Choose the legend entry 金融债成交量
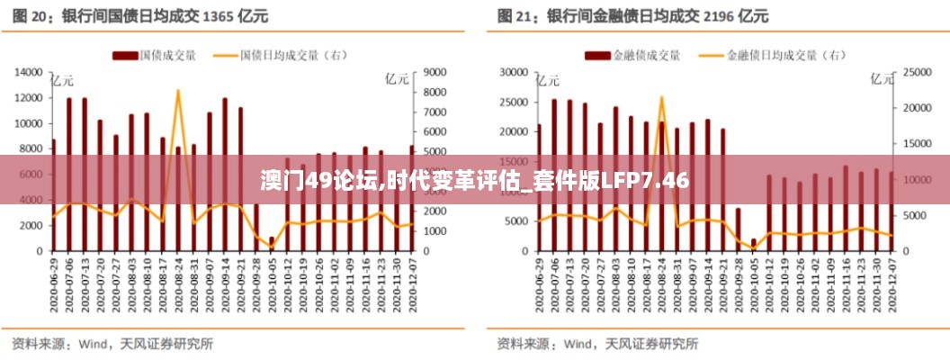[x=645, y=55]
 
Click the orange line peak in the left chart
[x=178, y=91]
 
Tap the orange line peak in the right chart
[x=661, y=97]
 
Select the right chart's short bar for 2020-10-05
[x=754, y=244]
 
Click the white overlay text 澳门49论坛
[x=319, y=180]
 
